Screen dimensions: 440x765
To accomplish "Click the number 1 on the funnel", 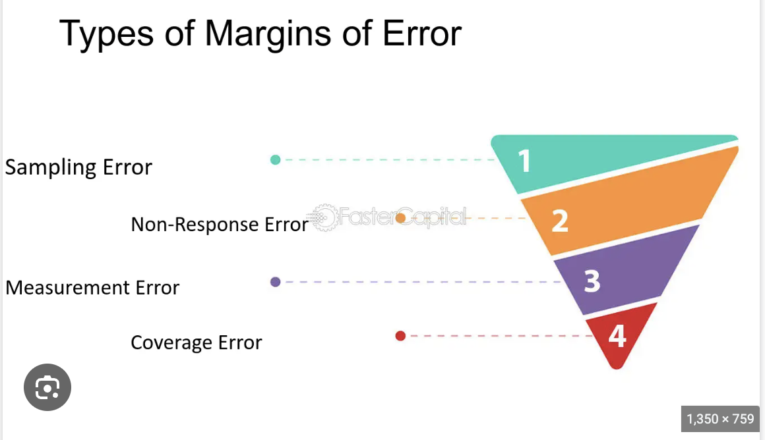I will point(524,161).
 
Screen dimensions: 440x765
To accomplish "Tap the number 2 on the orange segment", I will point(559,221).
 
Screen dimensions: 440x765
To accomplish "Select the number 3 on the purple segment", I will point(592,281).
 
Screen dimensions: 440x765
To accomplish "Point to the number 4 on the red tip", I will point(617,337).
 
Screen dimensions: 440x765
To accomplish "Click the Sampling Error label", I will point(78,167).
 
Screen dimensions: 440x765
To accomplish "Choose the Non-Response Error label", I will point(220,225).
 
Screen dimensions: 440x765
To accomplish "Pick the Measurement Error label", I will point(92,288).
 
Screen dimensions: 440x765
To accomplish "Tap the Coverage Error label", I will point(197,343).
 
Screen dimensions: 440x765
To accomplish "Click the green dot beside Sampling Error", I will point(276,159).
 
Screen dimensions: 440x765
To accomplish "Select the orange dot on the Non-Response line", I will point(400,218).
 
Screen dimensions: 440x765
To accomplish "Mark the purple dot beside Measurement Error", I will point(276,282).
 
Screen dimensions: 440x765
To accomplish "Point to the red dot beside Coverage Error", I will point(400,336).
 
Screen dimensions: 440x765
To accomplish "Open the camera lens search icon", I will point(47,387).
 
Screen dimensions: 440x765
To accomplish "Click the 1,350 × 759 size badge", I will point(720,419).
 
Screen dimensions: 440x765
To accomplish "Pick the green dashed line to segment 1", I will point(389,159).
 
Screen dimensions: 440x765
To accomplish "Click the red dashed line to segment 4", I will point(501,336).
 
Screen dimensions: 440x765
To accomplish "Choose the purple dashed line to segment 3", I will point(422,282).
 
